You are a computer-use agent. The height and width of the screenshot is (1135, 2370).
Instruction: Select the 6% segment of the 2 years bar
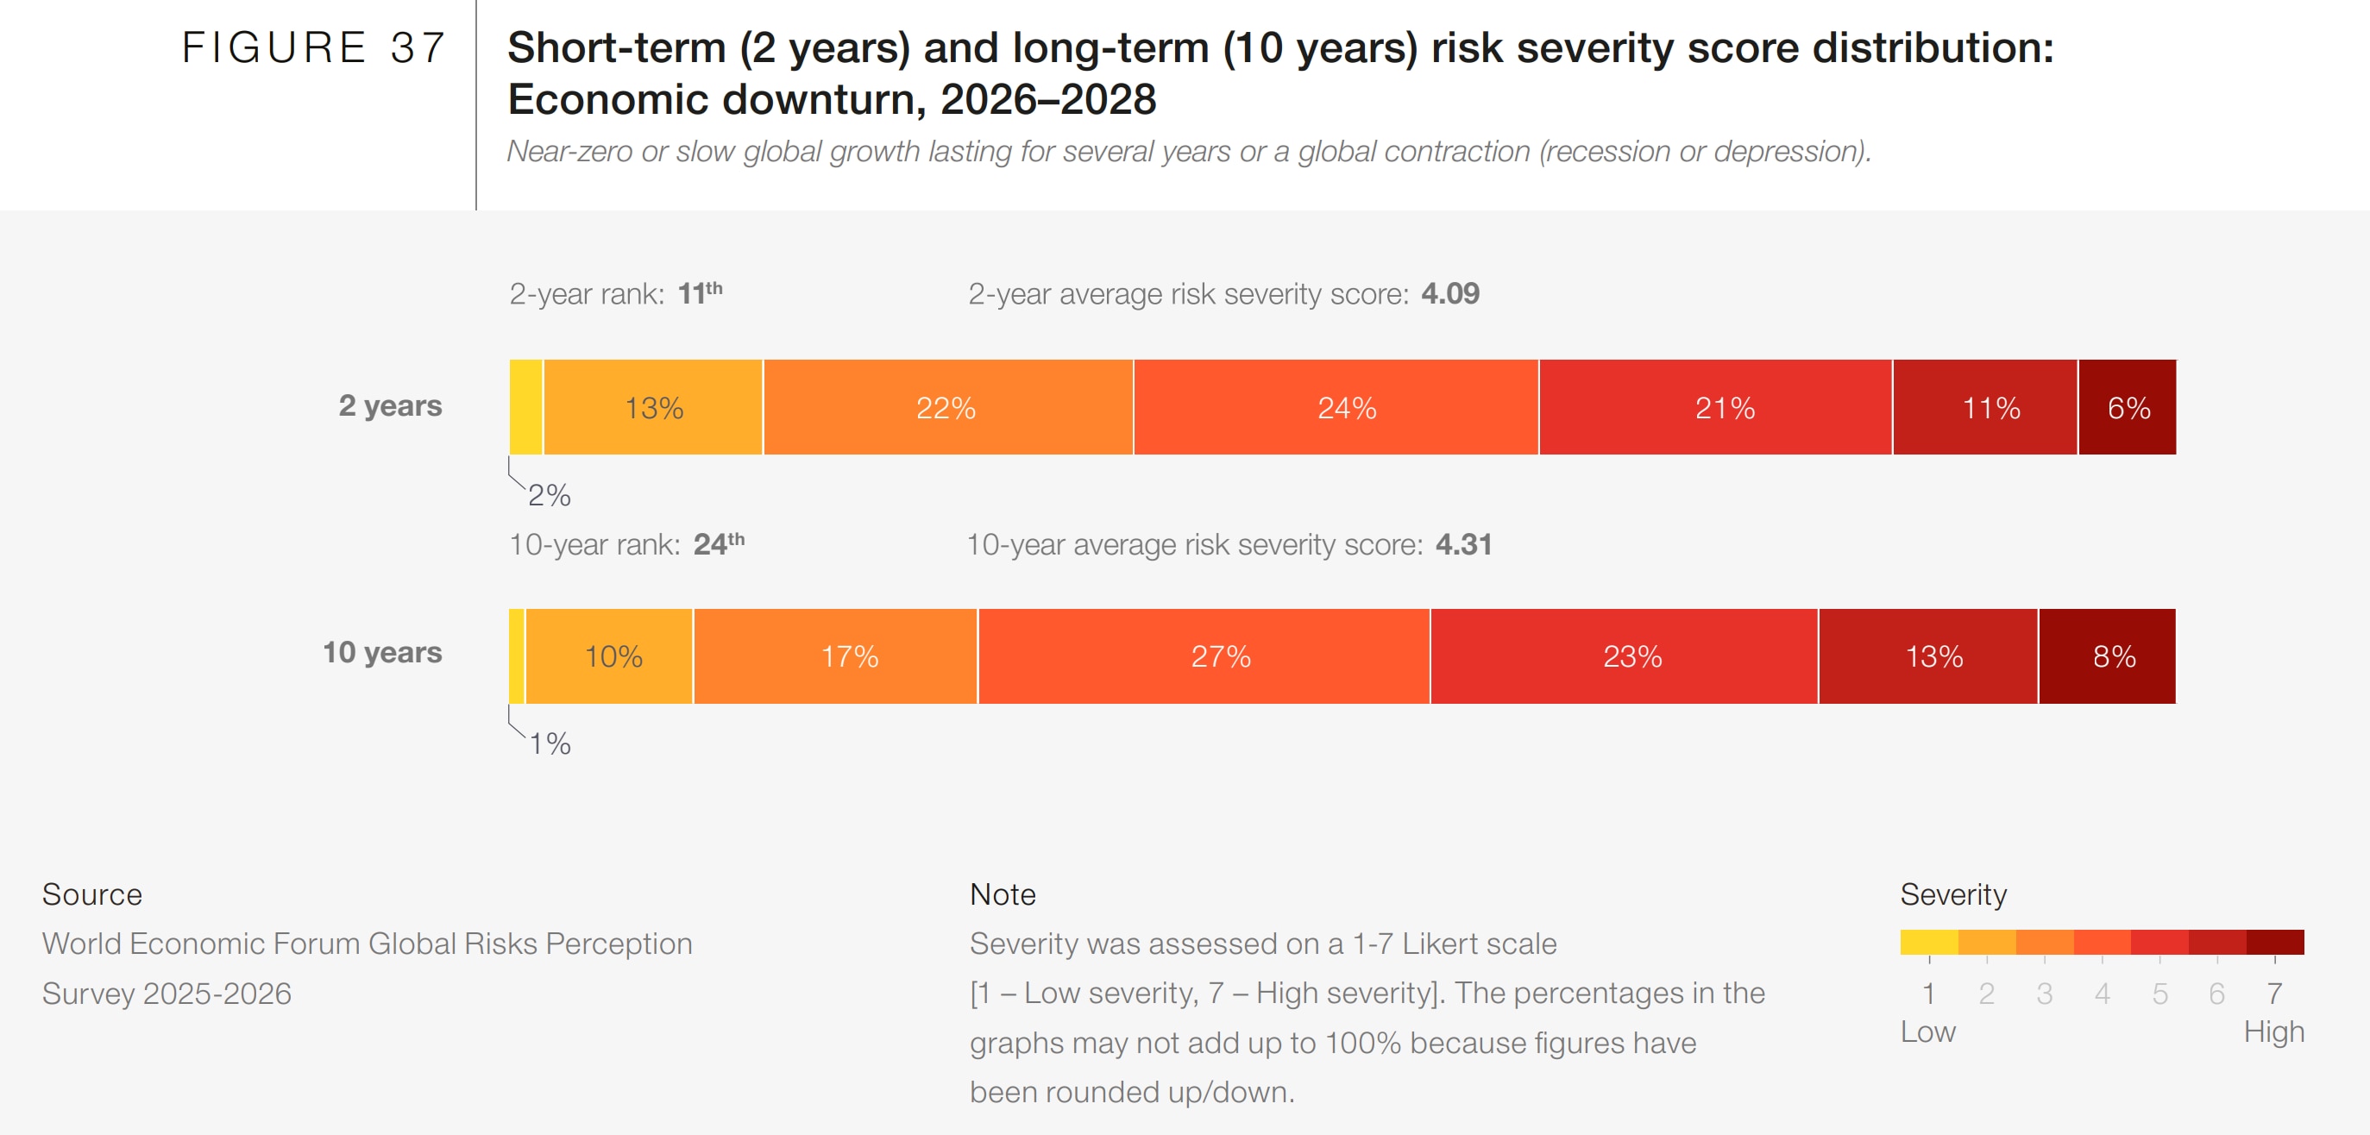(x=2127, y=407)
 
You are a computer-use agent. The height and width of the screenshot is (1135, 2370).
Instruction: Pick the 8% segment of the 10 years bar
(x=2108, y=655)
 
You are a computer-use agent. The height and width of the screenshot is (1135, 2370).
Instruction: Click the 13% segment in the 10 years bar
(x=1928, y=655)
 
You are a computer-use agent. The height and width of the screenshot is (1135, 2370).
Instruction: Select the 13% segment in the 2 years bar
(x=653, y=407)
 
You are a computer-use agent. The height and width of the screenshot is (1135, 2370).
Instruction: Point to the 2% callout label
(x=550, y=496)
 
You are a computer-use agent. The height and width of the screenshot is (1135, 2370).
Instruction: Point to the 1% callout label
(x=550, y=744)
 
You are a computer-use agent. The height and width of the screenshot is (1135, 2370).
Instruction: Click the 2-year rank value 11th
(x=699, y=293)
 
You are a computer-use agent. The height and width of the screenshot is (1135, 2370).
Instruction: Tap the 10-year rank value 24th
(x=719, y=543)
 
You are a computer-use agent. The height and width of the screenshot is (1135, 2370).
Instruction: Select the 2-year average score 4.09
(x=1450, y=293)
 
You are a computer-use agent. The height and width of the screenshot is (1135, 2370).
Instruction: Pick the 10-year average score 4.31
(x=1463, y=543)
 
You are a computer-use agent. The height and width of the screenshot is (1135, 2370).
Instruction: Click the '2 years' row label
(x=390, y=405)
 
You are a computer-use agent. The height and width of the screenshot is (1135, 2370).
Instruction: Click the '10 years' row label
(x=382, y=652)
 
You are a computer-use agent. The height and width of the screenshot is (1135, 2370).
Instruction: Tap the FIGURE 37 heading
(x=314, y=47)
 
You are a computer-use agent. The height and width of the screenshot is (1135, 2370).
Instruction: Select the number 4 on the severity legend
(x=2102, y=994)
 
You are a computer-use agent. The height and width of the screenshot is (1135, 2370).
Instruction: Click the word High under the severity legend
(x=2273, y=1032)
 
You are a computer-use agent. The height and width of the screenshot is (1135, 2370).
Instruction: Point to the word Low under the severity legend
(x=1927, y=1032)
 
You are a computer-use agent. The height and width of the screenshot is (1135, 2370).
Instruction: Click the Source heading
(x=92, y=894)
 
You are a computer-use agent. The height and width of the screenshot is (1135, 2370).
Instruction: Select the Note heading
(x=1002, y=894)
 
